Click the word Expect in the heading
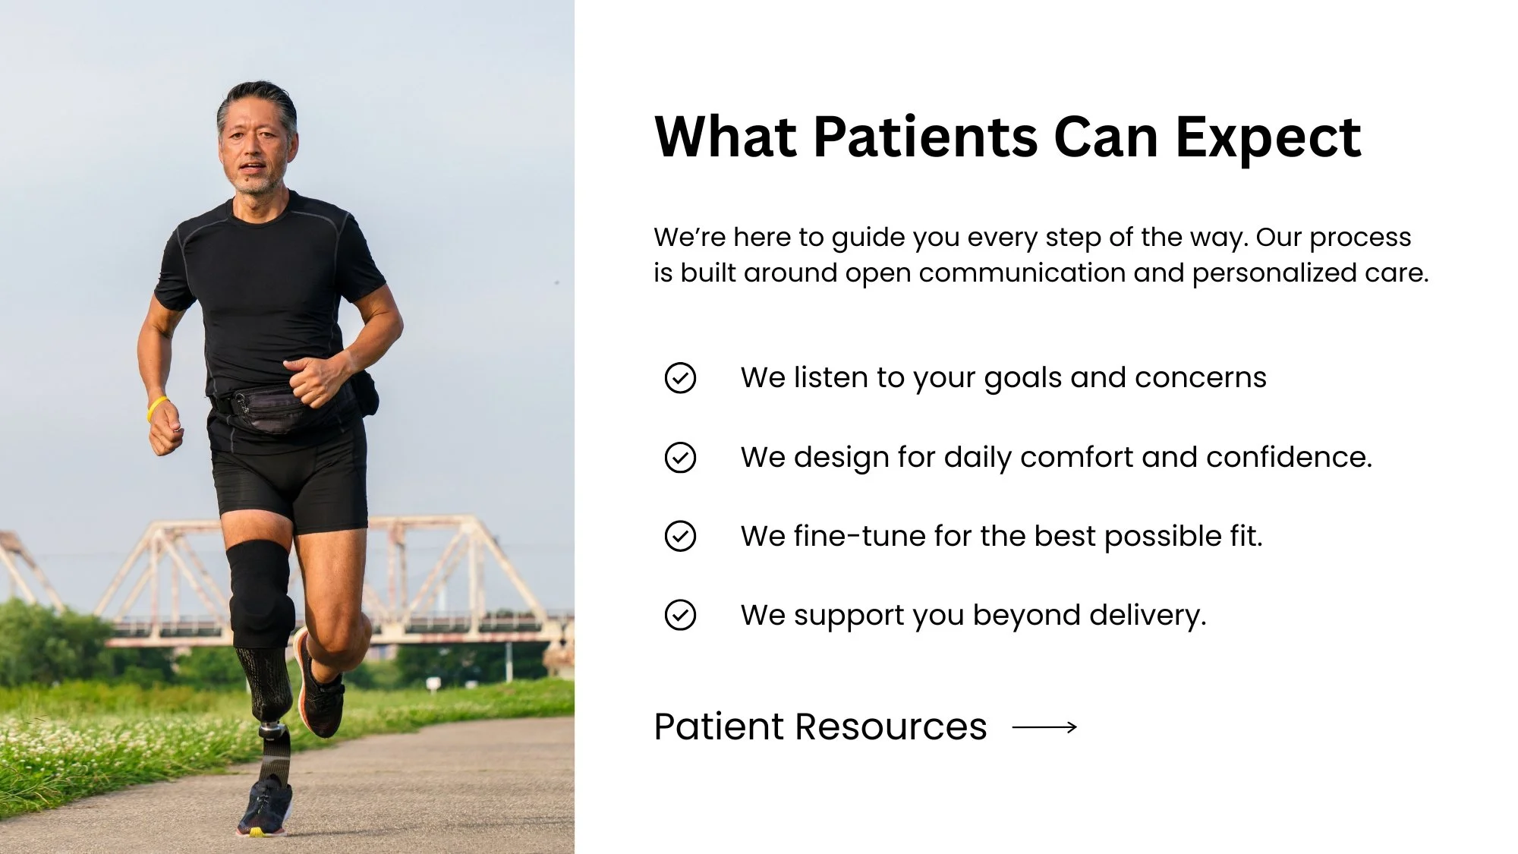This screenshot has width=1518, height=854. (x=1268, y=138)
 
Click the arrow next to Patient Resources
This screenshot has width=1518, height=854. (x=1044, y=727)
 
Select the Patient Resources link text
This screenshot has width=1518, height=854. (x=820, y=726)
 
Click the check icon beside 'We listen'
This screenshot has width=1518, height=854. (x=680, y=378)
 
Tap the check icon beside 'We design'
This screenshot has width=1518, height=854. (x=680, y=458)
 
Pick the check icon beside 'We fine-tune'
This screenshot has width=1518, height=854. (x=680, y=536)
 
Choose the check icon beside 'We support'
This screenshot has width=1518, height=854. (x=680, y=615)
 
